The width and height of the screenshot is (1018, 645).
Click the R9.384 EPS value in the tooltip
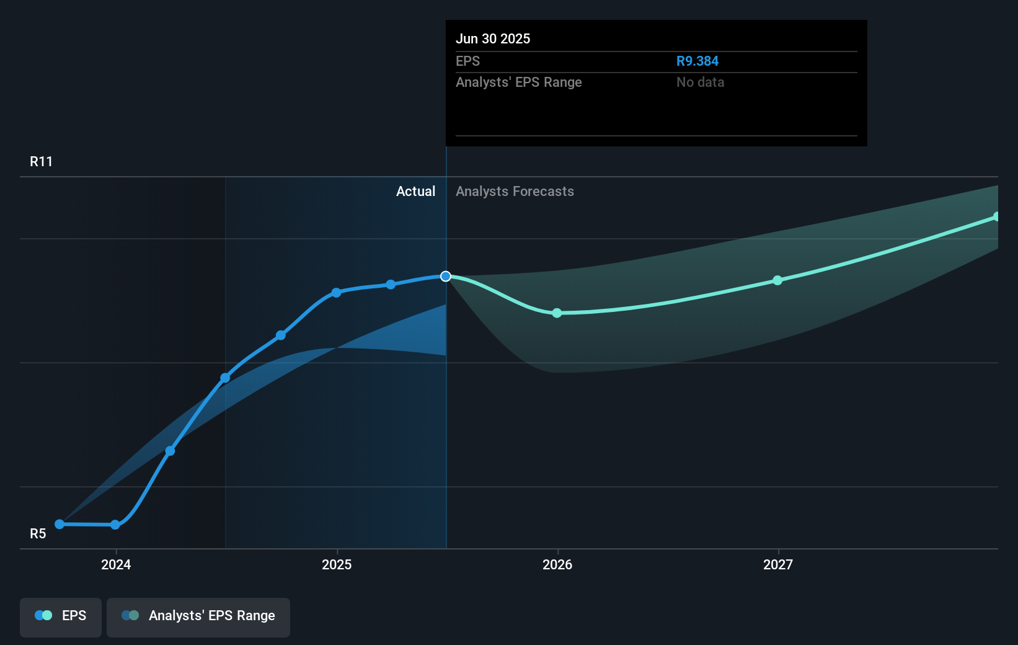click(697, 61)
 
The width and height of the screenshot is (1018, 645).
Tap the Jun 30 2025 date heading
click(493, 39)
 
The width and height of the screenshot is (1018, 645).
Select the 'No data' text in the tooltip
click(700, 82)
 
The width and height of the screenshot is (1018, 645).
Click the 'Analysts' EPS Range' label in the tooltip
click(518, 82)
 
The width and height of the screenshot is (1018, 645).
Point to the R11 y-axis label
click(42, 162)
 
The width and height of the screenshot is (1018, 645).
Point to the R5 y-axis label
click(38, 534)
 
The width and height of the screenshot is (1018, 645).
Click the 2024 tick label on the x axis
click(116, 565)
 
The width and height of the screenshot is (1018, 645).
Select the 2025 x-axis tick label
click(337, 565)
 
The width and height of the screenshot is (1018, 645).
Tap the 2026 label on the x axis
click(557, 565)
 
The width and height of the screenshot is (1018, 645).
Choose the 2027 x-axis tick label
click(778, 565)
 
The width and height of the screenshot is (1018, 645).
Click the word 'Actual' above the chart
click(415, 192)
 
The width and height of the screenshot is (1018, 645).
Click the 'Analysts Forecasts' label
click(515, 192)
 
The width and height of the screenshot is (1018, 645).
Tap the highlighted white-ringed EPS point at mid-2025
click(446, 277)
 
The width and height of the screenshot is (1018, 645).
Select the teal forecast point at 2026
click(557, 313)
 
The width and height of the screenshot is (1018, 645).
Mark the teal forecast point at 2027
click(777, 280)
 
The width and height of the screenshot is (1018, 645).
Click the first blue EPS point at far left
click(60, 524)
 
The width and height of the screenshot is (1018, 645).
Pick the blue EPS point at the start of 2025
click(336, 293)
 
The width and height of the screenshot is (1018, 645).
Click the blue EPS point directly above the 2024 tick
click(115, 525)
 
